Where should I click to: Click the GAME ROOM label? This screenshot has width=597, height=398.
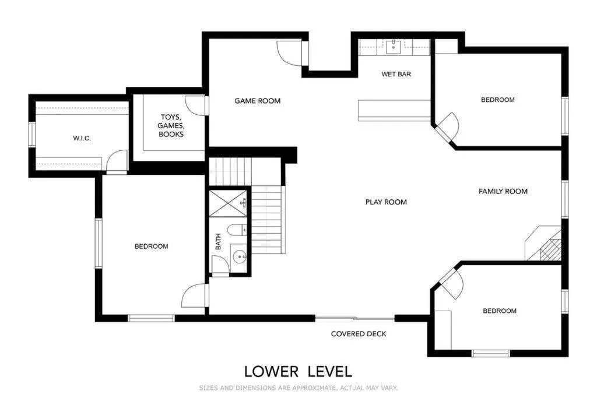point(257,101)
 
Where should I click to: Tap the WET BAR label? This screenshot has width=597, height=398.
point(396,74)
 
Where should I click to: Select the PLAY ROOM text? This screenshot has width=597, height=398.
point(386,202)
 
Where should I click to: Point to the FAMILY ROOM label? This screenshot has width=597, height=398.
point(503,191)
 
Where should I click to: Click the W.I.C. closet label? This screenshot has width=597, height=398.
point(82,138)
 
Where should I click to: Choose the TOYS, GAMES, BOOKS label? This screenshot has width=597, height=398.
point(172,125)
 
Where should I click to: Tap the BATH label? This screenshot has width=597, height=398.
point(219,241)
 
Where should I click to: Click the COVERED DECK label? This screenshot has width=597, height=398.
point(359,334)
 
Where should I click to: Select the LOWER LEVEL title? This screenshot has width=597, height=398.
point(298,371)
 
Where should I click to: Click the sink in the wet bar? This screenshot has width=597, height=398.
point(394,47)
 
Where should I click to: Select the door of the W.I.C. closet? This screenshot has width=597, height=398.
point(117,161)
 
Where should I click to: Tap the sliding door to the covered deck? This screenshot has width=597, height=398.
point(354,318)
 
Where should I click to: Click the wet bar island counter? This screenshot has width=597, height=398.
point(394,110)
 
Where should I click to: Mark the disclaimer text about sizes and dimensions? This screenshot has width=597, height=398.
point(298,388)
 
